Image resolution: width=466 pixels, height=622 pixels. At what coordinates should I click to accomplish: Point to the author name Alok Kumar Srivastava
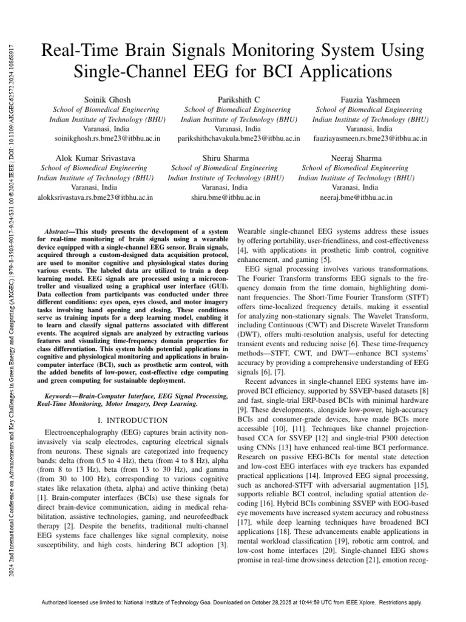[95, 158]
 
